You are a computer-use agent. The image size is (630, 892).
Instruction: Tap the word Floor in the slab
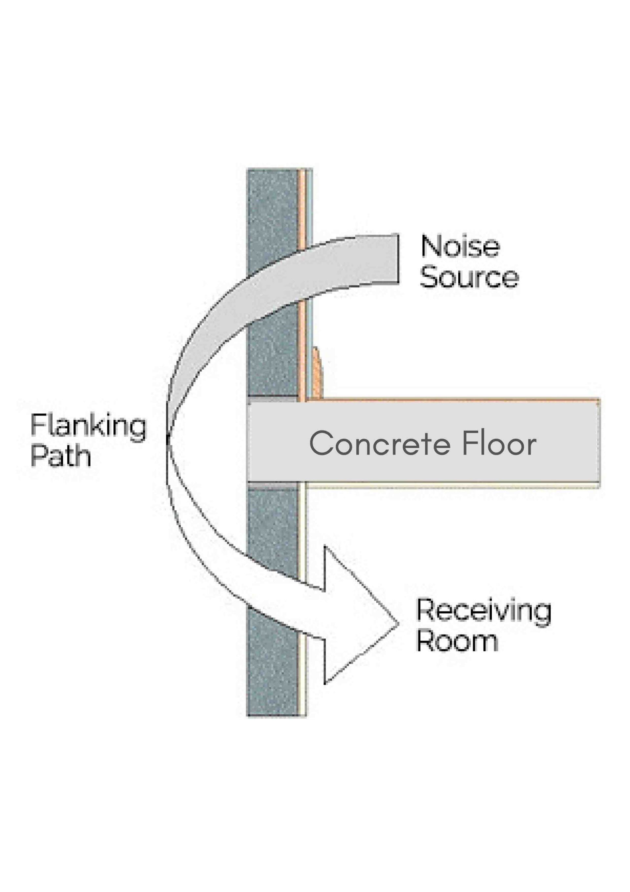499,444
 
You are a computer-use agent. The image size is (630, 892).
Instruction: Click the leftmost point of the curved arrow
167,441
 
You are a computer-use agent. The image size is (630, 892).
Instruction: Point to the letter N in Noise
430,246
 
